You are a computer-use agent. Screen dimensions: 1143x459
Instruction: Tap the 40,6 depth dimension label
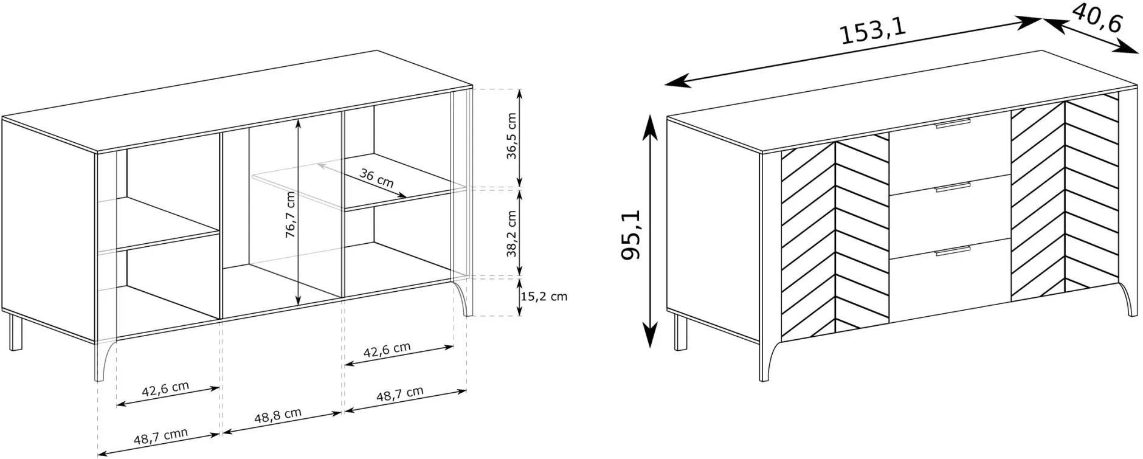pyautogui.click(x=1096, y=18)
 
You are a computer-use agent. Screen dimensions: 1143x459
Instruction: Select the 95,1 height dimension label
pyautogui.click(x=630, y=235)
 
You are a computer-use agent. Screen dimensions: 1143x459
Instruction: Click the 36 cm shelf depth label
pyautogui.click(x=376, y=179)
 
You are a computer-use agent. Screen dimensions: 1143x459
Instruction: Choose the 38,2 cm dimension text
pyautogui.click(x=511, y=234)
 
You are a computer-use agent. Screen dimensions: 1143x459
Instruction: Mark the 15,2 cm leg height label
pyautogui.click(x=544, y=297)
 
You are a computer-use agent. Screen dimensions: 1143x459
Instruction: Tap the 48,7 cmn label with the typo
pyautogui.click(x=161, y=436)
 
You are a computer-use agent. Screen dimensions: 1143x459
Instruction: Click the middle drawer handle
pyautogui.click(x=953, y=189)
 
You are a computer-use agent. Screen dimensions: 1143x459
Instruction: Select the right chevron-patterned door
pyautogui.click(x=1065, y=198)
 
